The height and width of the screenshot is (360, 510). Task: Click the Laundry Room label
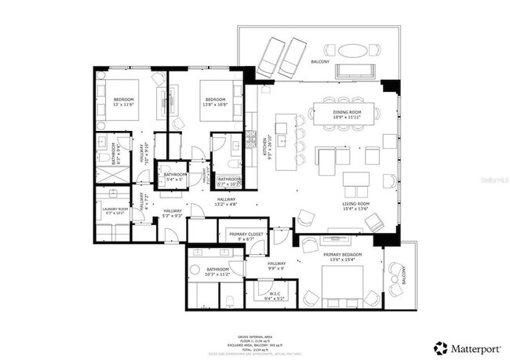point(115,210)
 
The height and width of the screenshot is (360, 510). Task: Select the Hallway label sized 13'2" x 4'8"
point(228,202)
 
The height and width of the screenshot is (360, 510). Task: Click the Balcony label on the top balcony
point(320,61)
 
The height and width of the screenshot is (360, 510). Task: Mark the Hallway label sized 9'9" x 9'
point(276,265)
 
